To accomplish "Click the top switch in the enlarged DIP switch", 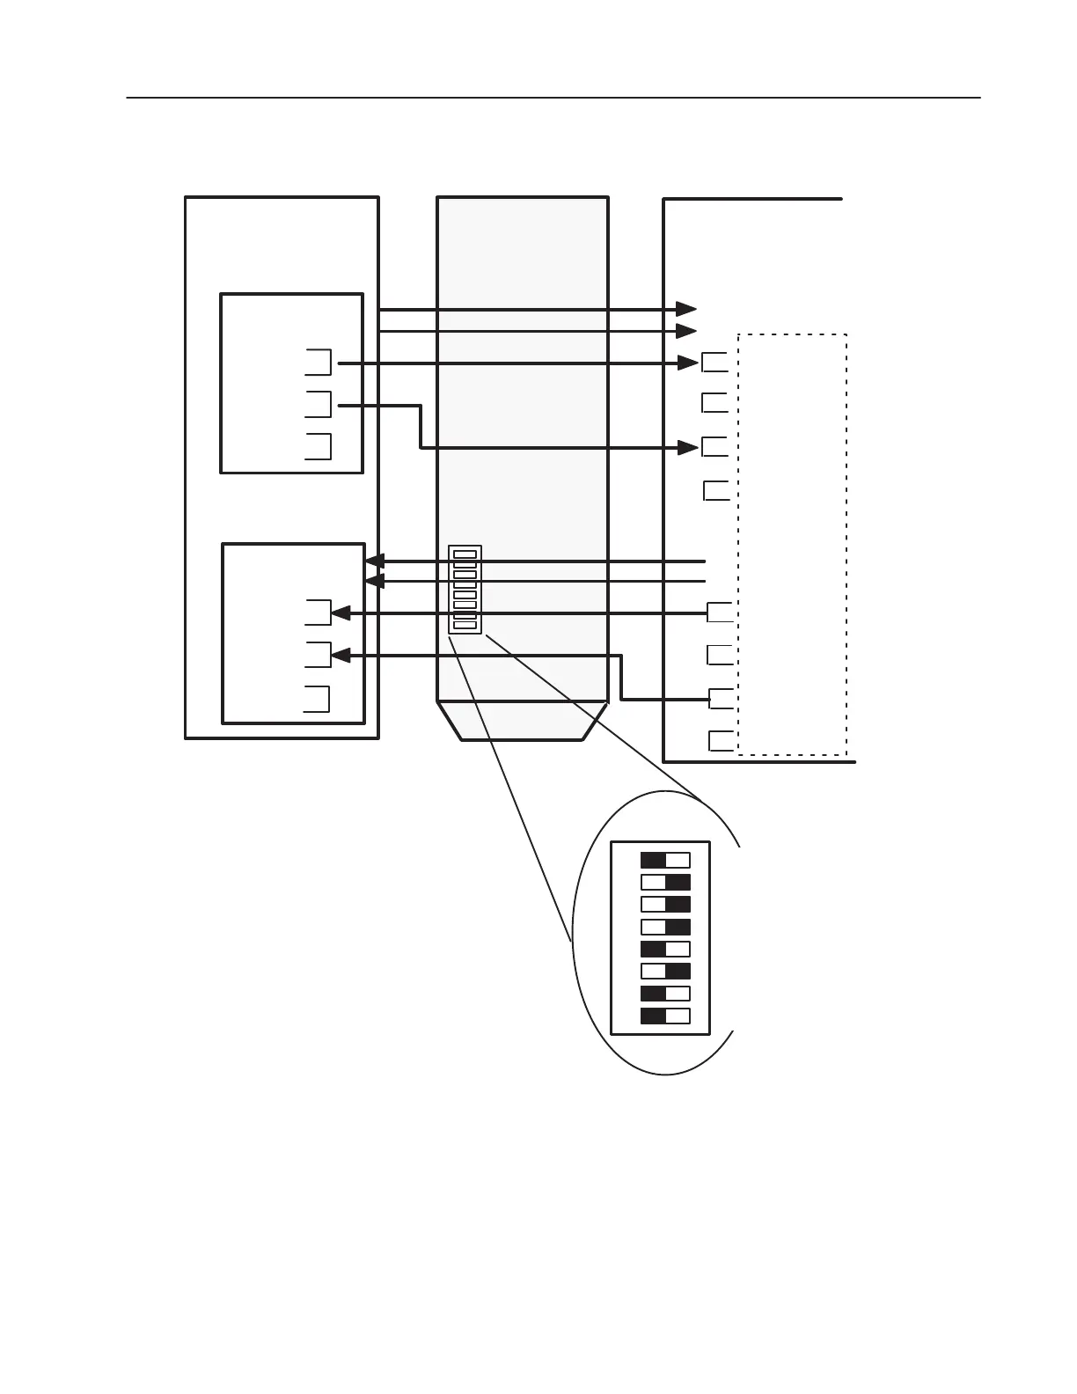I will click(665, 860).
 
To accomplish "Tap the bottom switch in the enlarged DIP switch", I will click(665, 1016).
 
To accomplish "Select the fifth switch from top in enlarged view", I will click(665, 950).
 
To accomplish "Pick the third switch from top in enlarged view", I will click(665, 905).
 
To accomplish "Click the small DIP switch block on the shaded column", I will click(465, 589).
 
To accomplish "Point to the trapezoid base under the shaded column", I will click(523, 721).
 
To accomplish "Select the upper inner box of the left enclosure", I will click(291, 384).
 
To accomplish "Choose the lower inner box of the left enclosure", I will click(293, 634).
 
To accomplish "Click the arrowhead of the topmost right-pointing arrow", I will click(686, 309).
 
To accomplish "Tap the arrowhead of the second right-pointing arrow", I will click(686, 331).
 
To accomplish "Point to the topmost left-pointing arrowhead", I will click(375, 561).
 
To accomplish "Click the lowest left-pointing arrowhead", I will click(341, 656).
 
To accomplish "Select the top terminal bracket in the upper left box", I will click(319, 362).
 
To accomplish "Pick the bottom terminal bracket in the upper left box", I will click(319, 446).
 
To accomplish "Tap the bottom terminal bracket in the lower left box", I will click(318, 698).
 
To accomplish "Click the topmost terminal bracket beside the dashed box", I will click(715, 362).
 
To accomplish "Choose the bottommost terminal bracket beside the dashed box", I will click(722, 741).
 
